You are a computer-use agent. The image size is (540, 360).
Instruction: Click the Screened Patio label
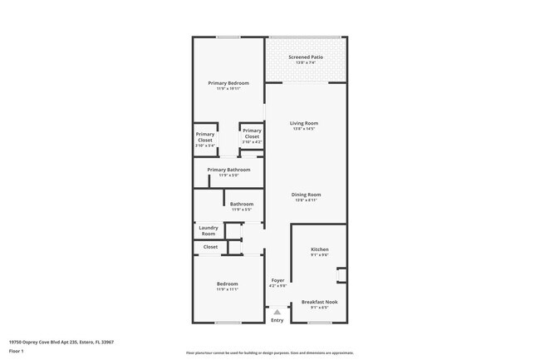click(x=306, y=57)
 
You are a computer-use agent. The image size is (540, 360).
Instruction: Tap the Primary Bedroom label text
click(x=228, y=83)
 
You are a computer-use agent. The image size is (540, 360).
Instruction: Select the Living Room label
click(x=306, y=123)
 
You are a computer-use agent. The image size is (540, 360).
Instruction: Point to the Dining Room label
click(x=306, y=195)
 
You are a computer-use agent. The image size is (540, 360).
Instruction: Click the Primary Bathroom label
click(x=228, y=170)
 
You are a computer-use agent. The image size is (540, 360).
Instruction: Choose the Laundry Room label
click(x=209, y=230)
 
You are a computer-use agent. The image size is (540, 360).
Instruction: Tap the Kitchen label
click(x=320, y=249)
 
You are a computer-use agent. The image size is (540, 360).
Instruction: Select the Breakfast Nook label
click(x=320, y=302)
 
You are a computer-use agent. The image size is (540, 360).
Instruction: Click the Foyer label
click(x=278, y=280)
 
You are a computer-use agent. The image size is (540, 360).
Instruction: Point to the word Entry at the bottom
click(x=277, y=320)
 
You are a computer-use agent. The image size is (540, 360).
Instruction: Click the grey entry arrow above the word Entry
click(x=277, y=312)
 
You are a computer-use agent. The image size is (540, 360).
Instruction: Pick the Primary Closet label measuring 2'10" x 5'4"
click(x=205, y=137)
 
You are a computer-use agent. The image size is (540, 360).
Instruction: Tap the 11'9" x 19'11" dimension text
click(x=228, y=89)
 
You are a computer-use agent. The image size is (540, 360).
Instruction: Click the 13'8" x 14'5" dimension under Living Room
click(x=306, y=129)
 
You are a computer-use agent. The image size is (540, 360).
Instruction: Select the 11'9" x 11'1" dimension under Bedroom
click(x=228, y=289)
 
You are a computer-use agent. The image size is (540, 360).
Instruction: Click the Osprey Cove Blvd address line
click(x=61, y=342)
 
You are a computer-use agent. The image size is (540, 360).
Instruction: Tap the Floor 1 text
click(x=17, y=352)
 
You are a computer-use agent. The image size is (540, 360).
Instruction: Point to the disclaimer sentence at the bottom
click(x=269, y=353)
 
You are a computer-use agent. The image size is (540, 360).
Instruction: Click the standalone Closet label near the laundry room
click(x=210, y=247)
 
